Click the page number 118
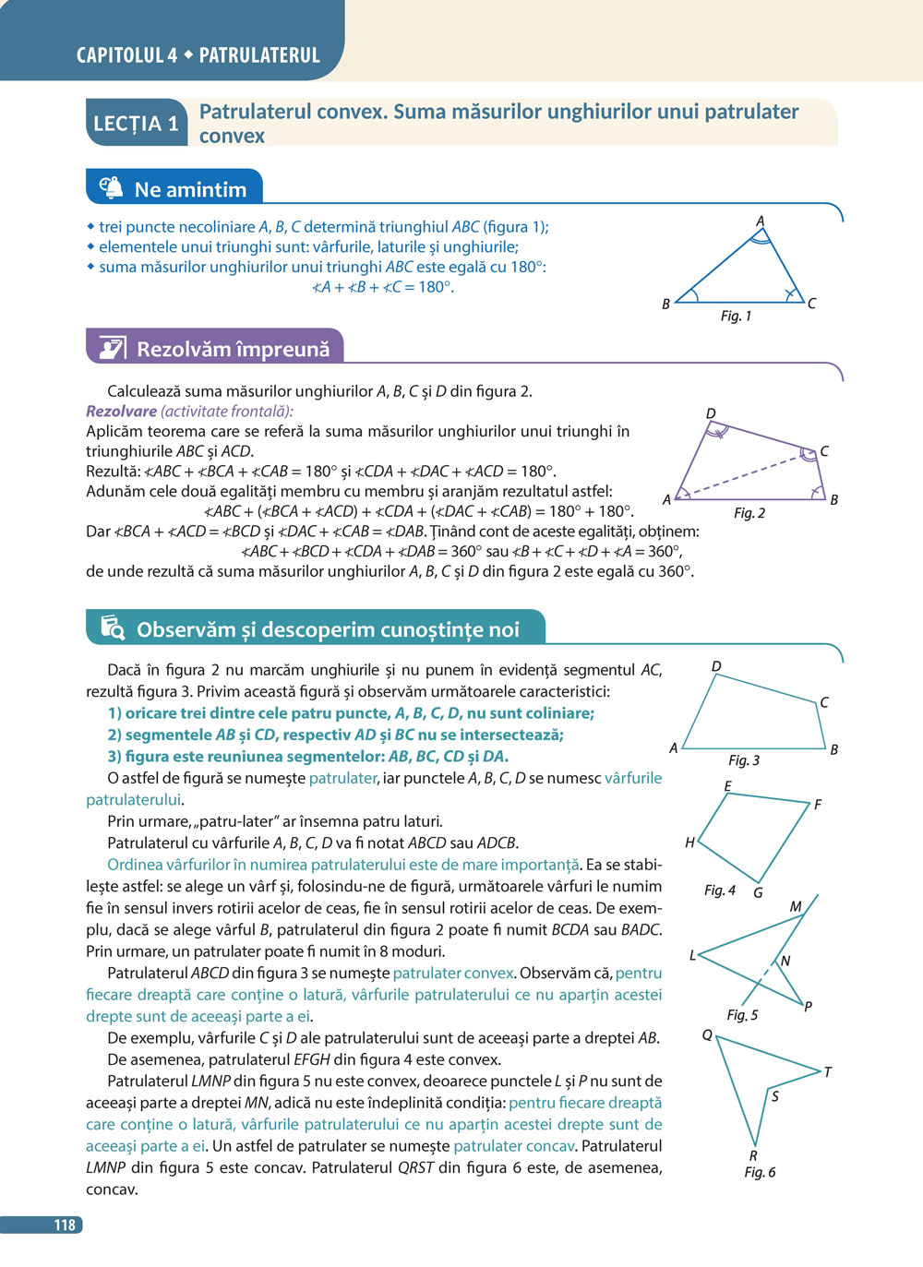[x=64, y=1225]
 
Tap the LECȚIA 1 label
[x=136, y=124]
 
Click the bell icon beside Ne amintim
[x=111, y=187]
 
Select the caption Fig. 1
[x=736, y=317]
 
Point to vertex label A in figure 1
[x=761, y=221]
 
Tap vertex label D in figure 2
[x=710, y=413]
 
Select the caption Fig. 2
[x=749, y=513]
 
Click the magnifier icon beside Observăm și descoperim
[x=112, y=628]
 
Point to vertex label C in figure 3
[x=824, y=702]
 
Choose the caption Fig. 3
[x=743, y=760]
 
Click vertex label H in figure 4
[x=689, y=843]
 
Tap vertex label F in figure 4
[x=817, y=805]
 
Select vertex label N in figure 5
[x=785, y=961]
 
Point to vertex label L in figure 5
[x=692, y=955]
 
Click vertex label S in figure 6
[x=774, y=1096]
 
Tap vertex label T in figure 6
[x=827, y=1072]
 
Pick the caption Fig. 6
[x=760, y=1172]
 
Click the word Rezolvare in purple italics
[x=121, y=412]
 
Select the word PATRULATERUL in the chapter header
[x=259, y=55]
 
